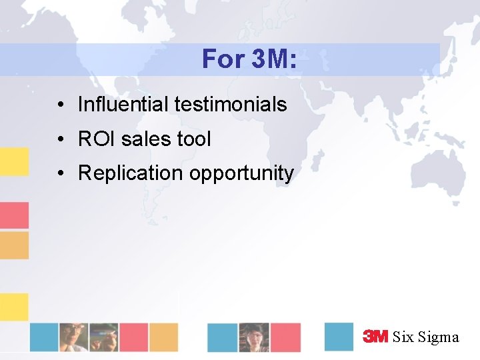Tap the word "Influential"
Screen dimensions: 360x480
tap(123, 105)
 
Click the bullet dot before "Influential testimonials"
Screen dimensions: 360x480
tap(60, 105)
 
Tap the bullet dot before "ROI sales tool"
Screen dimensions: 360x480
tap(60, 140)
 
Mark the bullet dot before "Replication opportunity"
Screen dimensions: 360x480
tap(60, 174)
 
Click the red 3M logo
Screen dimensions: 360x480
tap(375, 337)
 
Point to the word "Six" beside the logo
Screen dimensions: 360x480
tap(403, 337)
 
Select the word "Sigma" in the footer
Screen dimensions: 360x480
tap(438, 337)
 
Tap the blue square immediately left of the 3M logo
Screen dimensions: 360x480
tap(339, 337)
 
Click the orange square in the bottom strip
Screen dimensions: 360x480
tap(163, 337)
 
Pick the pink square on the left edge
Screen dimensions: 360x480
tap(14, 215)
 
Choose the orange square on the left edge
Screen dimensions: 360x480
tap(14, 245)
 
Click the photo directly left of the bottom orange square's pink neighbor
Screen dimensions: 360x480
tap(103, 337)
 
